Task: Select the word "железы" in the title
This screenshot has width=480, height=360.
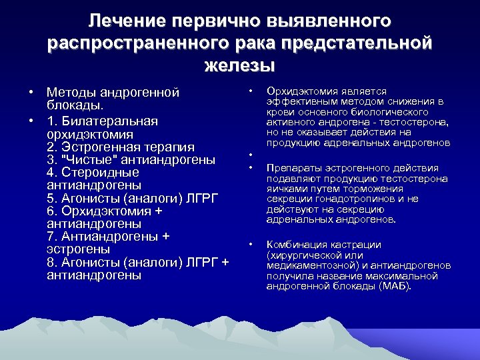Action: click(x=239, y=65)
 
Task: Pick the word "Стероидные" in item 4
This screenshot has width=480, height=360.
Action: click(x=100, y=172)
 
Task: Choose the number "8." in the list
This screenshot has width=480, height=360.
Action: click(x=53, y=261)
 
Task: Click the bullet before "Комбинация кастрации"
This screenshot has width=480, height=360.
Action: click(x=250, y=245)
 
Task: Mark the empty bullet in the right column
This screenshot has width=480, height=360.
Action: click(x=250, y=156)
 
